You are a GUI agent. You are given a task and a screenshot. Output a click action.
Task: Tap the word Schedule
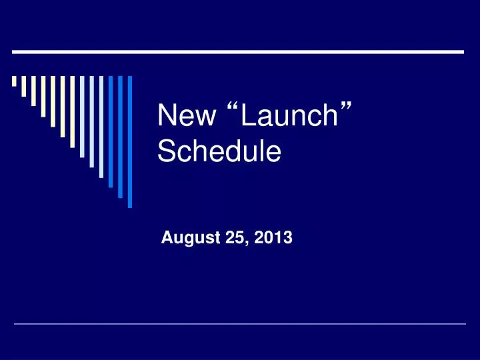click(219, 153)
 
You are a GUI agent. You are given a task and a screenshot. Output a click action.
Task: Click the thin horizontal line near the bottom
click(240, 324)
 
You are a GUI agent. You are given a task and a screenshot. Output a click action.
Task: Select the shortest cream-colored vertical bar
click(14, 82)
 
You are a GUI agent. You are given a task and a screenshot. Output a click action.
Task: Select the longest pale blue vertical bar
click(101, 127)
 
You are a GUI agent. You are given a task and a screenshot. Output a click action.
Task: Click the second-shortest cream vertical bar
click(24, 86)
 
